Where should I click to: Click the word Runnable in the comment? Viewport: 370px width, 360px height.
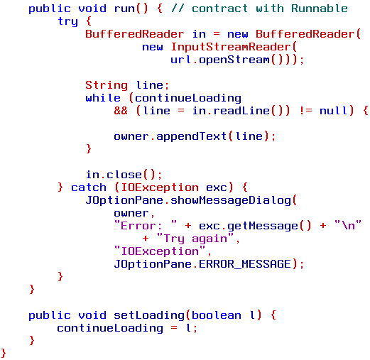320,9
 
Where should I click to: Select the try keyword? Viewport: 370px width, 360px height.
67,22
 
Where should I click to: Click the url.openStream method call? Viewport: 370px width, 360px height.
234,60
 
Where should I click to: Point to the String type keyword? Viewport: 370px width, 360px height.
107,85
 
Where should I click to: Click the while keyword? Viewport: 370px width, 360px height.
103,98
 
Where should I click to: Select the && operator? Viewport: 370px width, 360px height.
121,111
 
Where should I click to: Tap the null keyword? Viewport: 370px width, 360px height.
334,111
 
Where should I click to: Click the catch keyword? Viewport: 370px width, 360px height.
89,187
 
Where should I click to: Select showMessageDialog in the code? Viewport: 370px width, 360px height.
231,200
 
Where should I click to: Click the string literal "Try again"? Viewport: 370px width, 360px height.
195,239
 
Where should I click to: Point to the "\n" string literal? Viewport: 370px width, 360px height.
348,225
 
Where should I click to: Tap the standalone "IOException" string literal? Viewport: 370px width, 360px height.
160,251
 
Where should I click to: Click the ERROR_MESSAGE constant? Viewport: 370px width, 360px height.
245,264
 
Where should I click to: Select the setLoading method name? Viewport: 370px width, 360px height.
149,315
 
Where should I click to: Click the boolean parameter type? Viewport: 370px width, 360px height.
217,315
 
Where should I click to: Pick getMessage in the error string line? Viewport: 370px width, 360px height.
263,226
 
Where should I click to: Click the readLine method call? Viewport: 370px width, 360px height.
241,111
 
